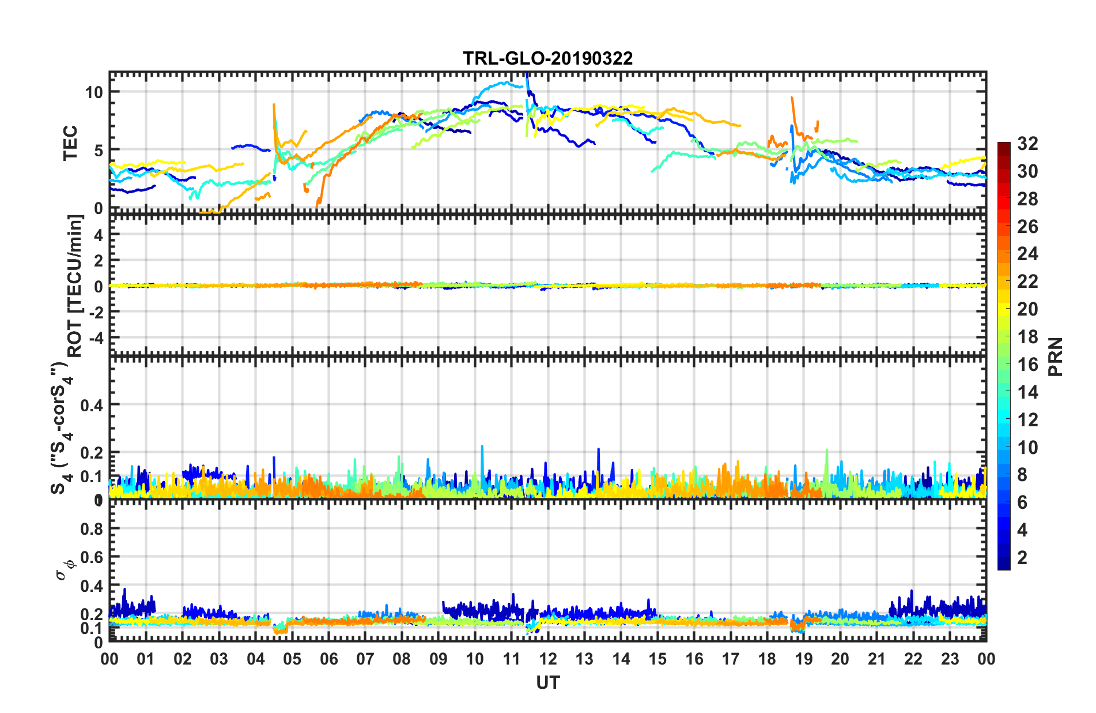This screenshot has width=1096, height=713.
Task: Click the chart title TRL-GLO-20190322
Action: coord(547,58)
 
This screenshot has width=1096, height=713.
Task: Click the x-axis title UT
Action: coord(547,683)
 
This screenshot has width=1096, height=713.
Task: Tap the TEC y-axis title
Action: coord(70,143)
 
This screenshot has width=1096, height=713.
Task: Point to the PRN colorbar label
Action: coord(1056,356)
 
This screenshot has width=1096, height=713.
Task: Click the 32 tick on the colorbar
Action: coord(1027,144)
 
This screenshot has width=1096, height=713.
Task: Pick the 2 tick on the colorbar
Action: coord(1022,557)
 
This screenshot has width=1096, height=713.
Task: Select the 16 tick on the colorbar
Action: coord(1027,365)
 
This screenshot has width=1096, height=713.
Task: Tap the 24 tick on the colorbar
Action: coord(1027,254)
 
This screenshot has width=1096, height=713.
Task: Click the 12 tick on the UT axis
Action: coord(548,659)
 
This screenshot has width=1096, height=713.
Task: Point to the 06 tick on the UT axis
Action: coord(328,659)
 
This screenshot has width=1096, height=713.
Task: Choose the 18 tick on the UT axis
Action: coord(767,659)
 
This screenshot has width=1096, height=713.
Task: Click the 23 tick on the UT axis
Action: coord(950,659)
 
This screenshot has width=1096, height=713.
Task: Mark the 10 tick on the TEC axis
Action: coord(94,92)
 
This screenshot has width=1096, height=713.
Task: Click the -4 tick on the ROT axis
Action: coord(96,336)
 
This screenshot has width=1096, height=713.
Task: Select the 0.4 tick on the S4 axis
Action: coord(92,405)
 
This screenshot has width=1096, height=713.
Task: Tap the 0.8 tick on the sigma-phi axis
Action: coord(92,528)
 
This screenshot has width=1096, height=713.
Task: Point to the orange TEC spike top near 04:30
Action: coord(274,105)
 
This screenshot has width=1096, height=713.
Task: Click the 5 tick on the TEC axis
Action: coord(98,151)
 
